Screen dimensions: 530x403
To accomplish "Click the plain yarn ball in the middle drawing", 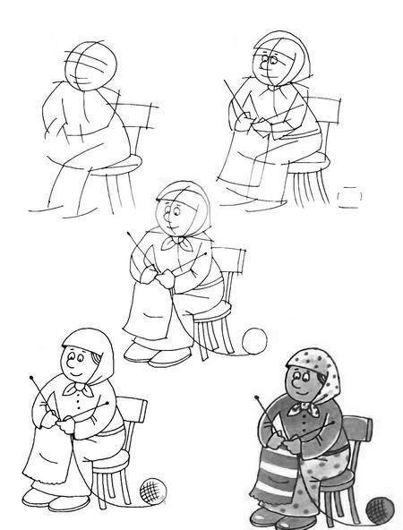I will point(255,341).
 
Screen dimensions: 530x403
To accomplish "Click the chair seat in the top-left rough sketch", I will point(127,161).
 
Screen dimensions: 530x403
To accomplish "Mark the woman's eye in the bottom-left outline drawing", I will point(74,361).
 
